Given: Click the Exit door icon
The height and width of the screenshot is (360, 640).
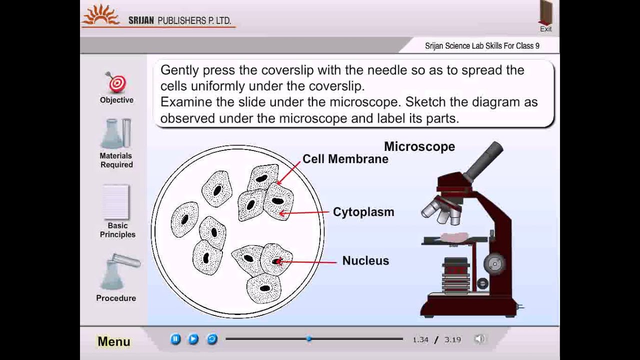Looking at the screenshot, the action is [545, 13].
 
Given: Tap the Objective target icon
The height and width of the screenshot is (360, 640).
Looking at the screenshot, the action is [117, 83].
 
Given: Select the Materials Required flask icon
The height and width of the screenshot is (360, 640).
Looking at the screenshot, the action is [116, 134].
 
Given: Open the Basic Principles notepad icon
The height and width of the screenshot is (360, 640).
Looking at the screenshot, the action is [116, 202].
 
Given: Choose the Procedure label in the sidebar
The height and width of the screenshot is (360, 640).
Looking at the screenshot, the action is [116, 298].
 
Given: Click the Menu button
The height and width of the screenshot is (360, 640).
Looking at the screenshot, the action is [114, 341].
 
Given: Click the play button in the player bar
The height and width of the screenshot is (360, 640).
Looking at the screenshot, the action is [193, 339].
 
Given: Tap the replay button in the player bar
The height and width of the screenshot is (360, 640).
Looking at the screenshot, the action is [212, 339].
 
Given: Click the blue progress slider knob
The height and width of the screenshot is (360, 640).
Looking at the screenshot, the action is [309, 339].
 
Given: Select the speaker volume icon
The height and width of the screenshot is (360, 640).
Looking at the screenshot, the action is [479, 339].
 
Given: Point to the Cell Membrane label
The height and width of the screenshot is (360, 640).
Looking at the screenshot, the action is [345, 159].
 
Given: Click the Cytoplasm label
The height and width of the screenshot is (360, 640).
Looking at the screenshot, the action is [363, 212].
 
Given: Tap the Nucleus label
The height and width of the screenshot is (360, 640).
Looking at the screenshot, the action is [365, 260].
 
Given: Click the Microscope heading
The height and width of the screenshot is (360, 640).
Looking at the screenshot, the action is [419, 146].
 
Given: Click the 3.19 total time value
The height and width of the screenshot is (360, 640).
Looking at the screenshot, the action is [452, 339].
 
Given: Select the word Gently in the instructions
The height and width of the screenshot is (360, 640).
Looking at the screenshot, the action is [179, 70].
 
